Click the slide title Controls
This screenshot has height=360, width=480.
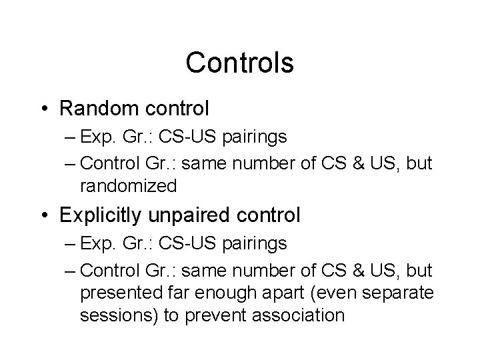pyautogui.click(x=239, y=63)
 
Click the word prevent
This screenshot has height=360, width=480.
pyautogui.click(x=217, y=315)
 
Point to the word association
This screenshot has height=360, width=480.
pyautogui.click(x=301, y=315)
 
